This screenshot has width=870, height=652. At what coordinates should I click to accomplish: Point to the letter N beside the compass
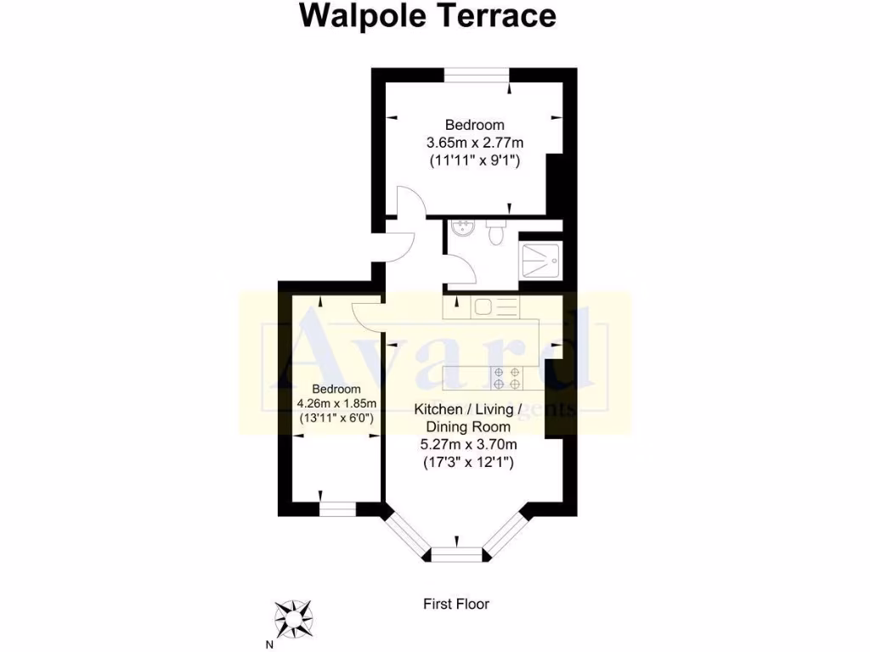click(x=270, y=643)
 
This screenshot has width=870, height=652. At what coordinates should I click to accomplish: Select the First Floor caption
click(x=456, y=604)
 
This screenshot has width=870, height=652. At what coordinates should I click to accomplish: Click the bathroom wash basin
click(x=462, y=228)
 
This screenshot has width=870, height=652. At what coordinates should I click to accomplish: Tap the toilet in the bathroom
click(x=497, y=232)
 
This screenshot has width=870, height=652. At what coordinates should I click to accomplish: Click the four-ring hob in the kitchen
click(x=508, y=378)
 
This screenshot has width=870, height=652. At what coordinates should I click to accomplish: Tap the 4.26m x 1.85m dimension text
click(x=336, y=403)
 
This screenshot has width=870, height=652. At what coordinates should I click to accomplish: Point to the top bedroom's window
click(x=477, y=76)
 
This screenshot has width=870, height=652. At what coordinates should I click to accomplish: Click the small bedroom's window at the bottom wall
click(x=337, y=509)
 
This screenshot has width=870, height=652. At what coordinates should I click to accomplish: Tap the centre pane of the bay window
click(x=457, y=554)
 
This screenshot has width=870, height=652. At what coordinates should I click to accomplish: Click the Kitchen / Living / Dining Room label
click(x=464, y=418)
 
